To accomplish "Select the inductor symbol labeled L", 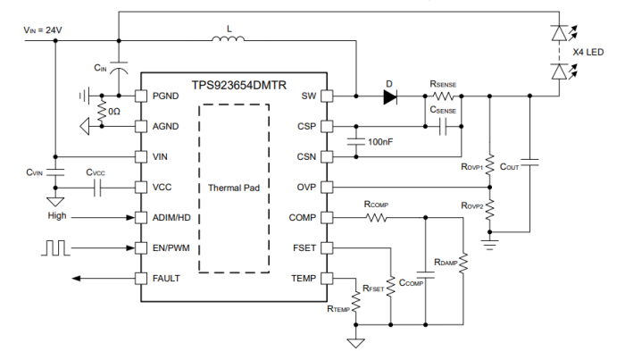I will [230, 38].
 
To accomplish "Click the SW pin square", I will [327, 96].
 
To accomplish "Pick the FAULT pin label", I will [166, 279].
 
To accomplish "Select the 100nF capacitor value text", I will [381, 142].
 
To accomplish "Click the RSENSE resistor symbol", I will [443, 96].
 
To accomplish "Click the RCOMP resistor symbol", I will [376, 217].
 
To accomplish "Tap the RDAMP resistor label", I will [446, 261].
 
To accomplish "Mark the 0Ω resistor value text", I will [112, 112].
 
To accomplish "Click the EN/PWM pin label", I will [172, 247].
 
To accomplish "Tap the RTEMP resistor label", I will [338, 308].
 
